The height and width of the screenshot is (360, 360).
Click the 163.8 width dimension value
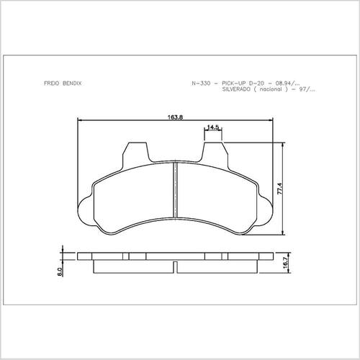pyautogui.click(x=175, y=117)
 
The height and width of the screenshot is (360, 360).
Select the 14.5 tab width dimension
pyautogui.click(x=213, y=127)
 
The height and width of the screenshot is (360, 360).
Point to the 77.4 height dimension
pyautogui.click(x=280, y=189)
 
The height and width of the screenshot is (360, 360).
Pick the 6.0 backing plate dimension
pyautogui.click(x=60, y=271)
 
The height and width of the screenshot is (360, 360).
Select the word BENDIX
pyautogui.click(x=72, y=84)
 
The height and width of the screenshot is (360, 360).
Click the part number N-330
pyautogui.click(x=201, y=84)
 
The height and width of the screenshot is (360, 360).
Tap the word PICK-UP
pyautogui.click(x=234, y=84)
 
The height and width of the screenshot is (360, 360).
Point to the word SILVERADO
pyautogui.click(x=236, y=89)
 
